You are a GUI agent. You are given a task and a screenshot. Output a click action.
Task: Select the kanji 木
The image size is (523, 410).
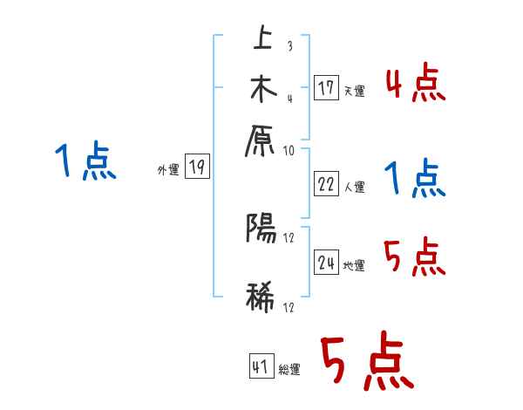coord(261,89)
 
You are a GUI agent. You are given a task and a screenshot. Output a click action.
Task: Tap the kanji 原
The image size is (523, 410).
coord(261,140)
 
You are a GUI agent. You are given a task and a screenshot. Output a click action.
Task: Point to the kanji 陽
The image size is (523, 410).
coord(261,229)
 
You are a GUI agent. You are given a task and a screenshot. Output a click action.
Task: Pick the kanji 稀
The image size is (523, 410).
coord(261,296)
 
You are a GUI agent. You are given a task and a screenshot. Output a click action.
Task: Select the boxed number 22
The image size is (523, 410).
coord(327,184)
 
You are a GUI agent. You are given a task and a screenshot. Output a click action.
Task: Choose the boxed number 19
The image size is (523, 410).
coord(198,167)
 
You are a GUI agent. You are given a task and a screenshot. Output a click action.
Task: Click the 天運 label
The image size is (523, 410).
coord(354,91)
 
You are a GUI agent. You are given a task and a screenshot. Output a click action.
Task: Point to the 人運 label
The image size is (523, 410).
coord(354,187)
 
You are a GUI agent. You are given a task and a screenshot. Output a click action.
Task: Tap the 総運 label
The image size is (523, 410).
coord(289,370)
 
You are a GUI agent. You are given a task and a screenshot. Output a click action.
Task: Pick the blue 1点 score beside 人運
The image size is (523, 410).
coord(415,180)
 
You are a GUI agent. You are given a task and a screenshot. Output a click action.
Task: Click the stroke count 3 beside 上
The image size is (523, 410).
coord(289,46)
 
